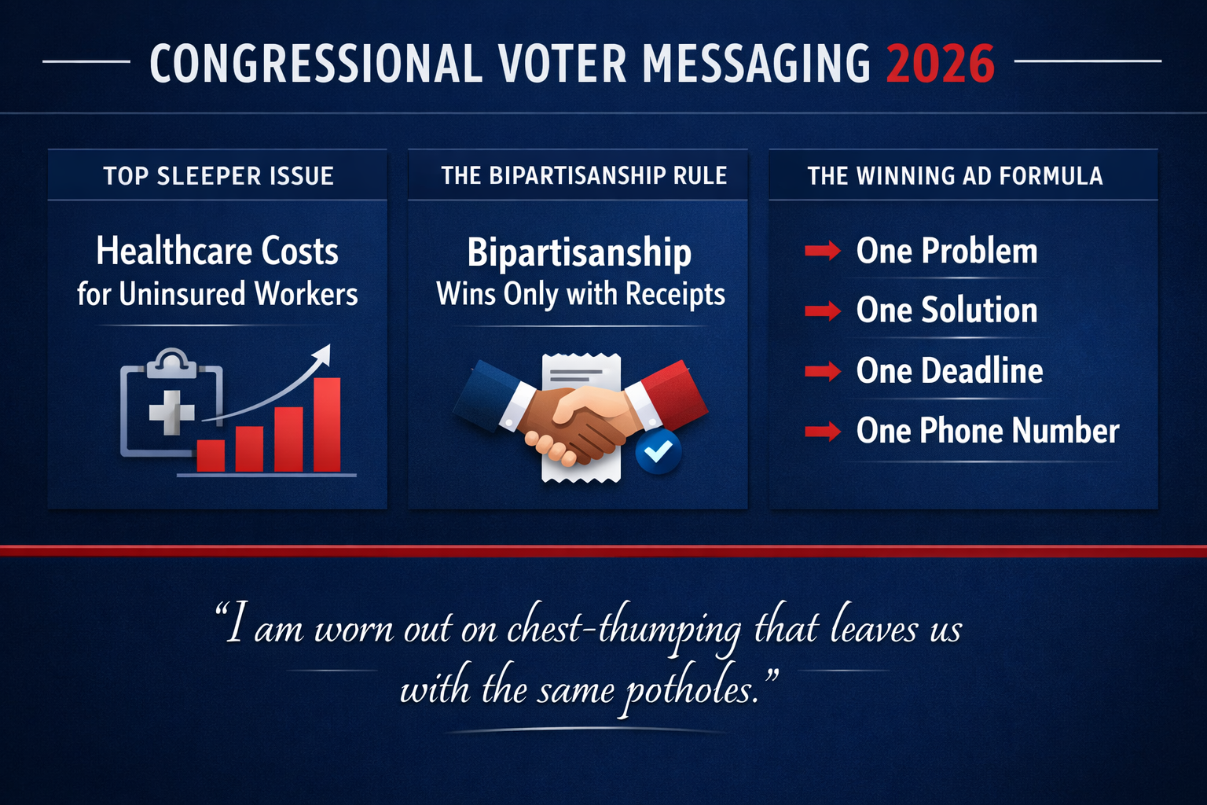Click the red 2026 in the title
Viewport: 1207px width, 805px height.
tap(941, 63)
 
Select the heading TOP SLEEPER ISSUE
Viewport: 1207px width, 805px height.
tap(218, 175)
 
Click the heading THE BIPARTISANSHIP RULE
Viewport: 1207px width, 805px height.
tap(584, 175)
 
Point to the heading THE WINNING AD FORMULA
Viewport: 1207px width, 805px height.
tap(955, 175)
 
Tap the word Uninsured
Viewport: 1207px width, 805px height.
tap(183, 294)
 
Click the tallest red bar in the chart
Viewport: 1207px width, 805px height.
tap(327, 425)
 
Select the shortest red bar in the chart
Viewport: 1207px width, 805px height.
tap(211, 455)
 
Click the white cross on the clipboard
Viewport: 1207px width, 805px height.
tap(172, 411)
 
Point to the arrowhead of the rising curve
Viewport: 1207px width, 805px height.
tap(323, 353)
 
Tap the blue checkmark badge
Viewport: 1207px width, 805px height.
tap(659, 451)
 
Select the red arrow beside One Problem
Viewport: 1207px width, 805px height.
tap(823, 252)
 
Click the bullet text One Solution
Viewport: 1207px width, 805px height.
tap(947, 311)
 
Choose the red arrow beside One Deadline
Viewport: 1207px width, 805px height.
tap(823, 371)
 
